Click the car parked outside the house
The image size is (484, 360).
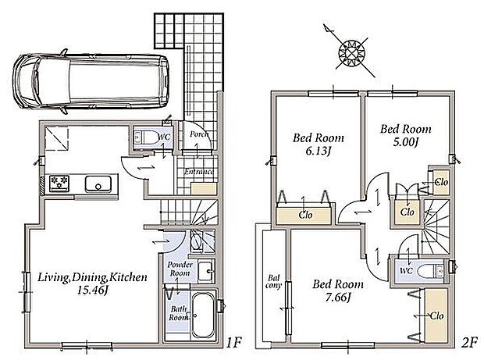(x=91, y=81)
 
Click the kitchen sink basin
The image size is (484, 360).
(x=98, y=184)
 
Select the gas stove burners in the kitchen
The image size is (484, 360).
(x=59, y=184)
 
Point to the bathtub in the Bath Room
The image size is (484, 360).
(x=202, y=315)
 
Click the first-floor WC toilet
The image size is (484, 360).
(x=146, y=137)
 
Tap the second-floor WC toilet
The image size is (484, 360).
(x=432, y=271)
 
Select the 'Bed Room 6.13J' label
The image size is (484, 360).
(x=319, y=144)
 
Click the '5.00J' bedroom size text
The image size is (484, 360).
(x=405, y=142)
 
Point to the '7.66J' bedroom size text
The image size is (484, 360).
(x=338, y=297)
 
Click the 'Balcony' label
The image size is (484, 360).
(x=273, y=282)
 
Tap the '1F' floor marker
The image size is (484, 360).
(x=233, y=342)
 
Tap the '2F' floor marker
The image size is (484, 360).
(x=469, y=342)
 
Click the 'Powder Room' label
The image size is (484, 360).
(x=180, y=269)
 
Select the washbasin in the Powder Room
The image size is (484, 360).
(x=206, y=271)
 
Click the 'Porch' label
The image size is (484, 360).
(x=199, y=134)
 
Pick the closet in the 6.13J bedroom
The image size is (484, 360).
(x=304, y=215)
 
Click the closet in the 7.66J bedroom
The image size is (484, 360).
(x=436, y=315)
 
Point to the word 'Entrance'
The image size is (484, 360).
(x=199, y=172)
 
